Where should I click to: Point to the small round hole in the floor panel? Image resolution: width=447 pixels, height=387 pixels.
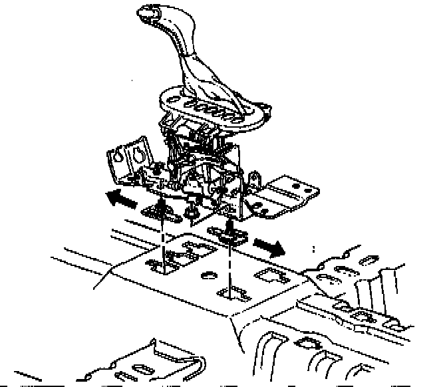pyautogui.click(x=208, y=275)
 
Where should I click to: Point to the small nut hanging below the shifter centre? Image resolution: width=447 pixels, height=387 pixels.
pyautogui.click(x=192, y=211)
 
